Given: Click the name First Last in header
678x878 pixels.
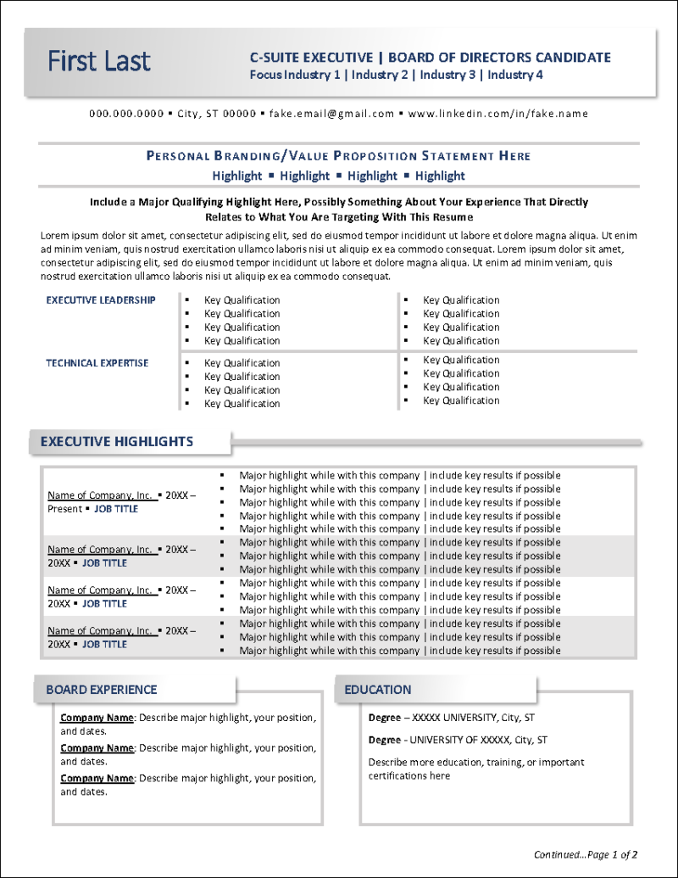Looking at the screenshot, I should (x=99, y=62).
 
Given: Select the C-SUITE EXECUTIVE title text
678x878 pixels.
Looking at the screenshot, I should (x=311, y=58).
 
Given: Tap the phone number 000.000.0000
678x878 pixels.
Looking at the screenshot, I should (x=126, y=114).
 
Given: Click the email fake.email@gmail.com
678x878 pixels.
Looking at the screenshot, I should (x=332, y=114).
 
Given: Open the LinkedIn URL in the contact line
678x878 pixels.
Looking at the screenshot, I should (x=498, y=114).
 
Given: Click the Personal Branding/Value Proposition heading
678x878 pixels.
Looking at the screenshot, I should (x=338, y=156).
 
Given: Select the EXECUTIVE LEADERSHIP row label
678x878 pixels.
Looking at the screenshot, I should (x=101, y=300).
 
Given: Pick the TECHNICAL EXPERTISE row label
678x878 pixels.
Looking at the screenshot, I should (x=97, y=363).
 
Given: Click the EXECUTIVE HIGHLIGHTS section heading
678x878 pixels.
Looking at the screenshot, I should (x=117, y=441).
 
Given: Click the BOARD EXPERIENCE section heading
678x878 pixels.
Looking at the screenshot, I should (x=102, y=690).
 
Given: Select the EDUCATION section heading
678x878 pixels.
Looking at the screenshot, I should (x=378, y=690).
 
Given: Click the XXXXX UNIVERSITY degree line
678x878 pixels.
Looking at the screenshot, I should (x=452, y=718).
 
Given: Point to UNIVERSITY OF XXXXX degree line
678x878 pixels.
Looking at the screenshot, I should (x=458, y=740).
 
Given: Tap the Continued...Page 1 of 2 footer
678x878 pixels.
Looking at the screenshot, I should (x=586, y=854).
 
